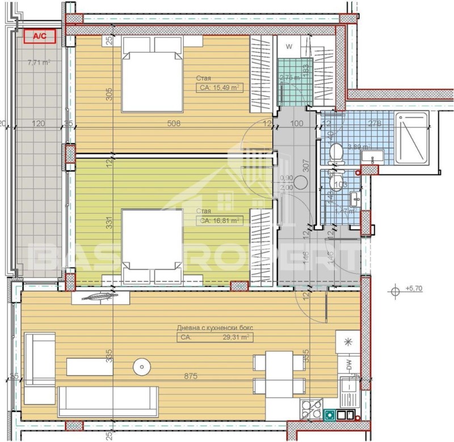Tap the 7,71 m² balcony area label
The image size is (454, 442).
[39, 63]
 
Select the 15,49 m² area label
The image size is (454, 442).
[218, 88]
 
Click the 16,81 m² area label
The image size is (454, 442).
[218, 220]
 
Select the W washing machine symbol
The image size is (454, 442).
[289, 46]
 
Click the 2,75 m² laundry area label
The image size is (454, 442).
[289, 78]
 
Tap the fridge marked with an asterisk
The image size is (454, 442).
[347, 342]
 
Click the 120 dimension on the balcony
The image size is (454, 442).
[39, 122]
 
